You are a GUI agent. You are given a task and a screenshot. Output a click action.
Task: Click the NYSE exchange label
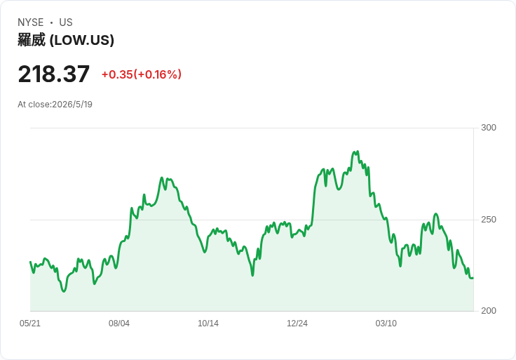(x=31, y=22)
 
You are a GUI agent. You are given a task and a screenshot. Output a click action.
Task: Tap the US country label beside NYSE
(x=66, y=22)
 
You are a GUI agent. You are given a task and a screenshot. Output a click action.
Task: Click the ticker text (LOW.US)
(x=82, y=40)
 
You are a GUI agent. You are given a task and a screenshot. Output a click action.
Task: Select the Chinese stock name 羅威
(x=32, y=40)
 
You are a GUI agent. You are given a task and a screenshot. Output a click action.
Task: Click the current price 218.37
(x=54, y=74)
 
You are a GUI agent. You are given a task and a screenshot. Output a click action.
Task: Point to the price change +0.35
(x=117, y=74)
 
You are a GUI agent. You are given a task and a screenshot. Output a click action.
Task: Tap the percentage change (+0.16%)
(x=157, y=74)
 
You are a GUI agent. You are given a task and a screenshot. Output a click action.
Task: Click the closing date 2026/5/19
(x=72, y=105)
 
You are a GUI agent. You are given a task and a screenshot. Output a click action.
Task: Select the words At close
(x=34, y=105)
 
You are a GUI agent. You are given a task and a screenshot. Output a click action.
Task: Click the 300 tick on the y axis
(x=489, y=128)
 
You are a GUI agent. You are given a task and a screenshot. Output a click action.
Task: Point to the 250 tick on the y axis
(x=489, y=220)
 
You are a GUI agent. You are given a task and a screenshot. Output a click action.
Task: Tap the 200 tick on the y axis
(x=489, y=311)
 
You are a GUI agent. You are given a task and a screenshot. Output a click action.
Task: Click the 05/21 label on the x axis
(x=30, y=323)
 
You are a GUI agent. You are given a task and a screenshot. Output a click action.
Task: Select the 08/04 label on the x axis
(x=119, y=323)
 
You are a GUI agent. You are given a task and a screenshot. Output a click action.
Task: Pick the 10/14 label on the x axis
(x=208, y=323)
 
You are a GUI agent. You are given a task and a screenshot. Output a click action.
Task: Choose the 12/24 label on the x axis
(x=297, y=323)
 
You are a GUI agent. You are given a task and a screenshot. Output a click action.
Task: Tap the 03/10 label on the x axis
(x=386, y=323)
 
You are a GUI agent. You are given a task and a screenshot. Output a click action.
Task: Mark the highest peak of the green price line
(x=358, y=152)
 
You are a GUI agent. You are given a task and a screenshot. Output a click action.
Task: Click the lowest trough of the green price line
(x=64, y=291)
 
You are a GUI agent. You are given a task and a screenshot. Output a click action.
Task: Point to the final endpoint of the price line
(x=473, y=279)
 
